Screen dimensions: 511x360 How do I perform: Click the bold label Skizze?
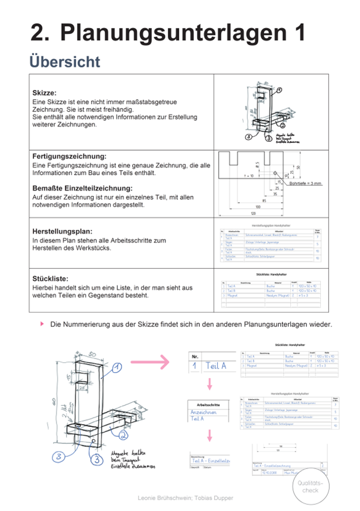pyautogui.click(x=45, y=93)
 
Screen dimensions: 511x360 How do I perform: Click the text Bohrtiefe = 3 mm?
pyautogui.click(x=305, y=183)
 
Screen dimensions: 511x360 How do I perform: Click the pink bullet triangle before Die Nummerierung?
pyautogui.click(x=42, y=324)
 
